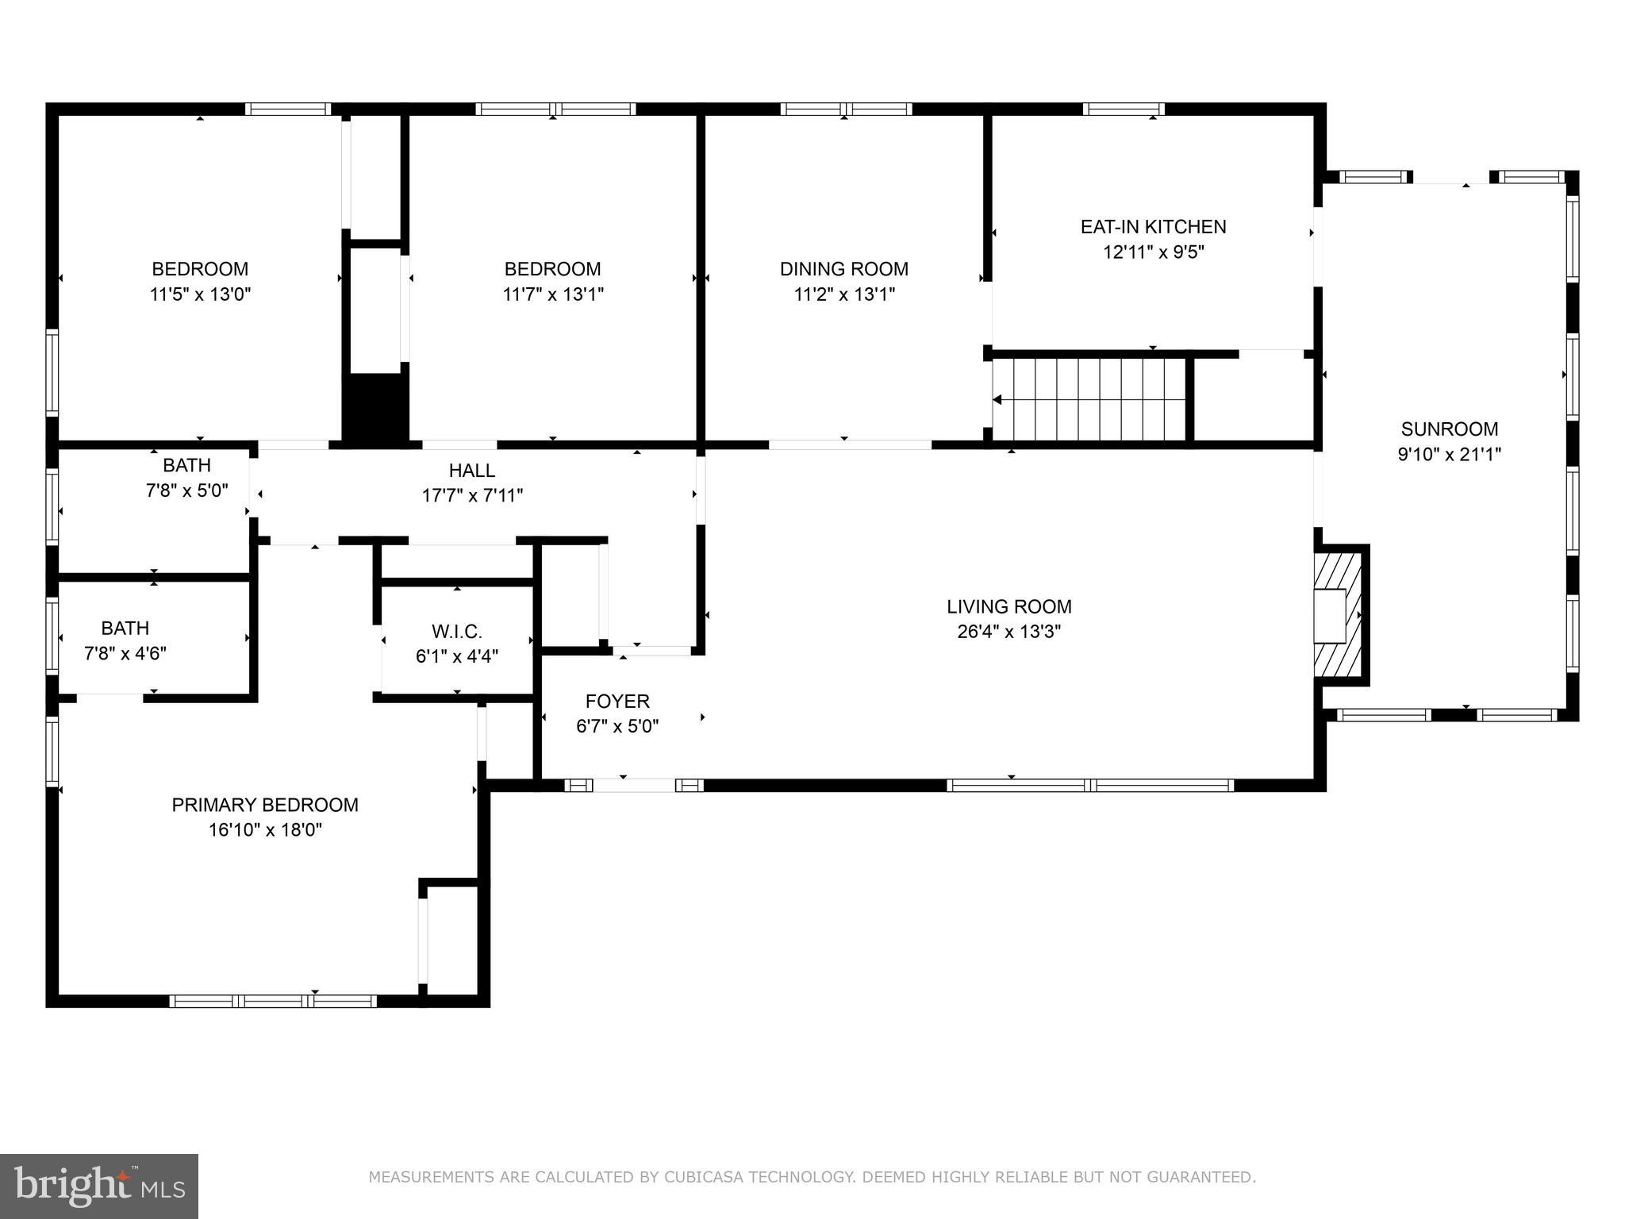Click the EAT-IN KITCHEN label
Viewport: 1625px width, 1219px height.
pyautogui.click(x=1153, y=227)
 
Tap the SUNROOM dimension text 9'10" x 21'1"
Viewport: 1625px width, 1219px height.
pyautogui.click(x=1449, y=455)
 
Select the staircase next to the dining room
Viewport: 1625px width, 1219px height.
pyautogui.click(x=1089, y=399)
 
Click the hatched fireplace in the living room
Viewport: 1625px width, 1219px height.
pyautogui.click(x=1339, y=615)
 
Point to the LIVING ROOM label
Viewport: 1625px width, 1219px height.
pyautogui.click(x=1008, y=607)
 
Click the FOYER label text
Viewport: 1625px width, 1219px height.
pyautogui.click(x=617, y=702)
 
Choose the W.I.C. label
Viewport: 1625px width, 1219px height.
pyautogui.click(x=456, y=632)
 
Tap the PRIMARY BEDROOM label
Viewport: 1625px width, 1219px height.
pyautogui.click(x=265, y=806)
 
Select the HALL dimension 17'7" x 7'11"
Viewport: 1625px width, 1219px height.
pyautogui.click(x=472, y=496)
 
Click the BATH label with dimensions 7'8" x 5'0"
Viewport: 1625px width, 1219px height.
pyautogui.click(x=186, y=465)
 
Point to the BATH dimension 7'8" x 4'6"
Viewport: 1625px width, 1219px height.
pyautogui.click(x=125, y=654)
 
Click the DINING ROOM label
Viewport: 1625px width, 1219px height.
pyautogui.click(x=843, y=269)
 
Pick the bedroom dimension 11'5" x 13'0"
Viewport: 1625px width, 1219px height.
pyautogui.click(x=200, y=294)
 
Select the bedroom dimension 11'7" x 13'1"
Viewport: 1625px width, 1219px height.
pyautogui.click(x=553, y=294)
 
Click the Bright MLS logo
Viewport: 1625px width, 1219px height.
pyautogui.click(x=98, y=1186)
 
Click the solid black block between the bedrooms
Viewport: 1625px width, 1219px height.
pyautogui.click(x=375, y=406)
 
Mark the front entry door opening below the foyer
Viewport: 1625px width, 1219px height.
pyautogui.click(x=634, y=786)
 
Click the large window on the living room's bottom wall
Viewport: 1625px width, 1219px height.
pyautogui.click(x=1090, y=786)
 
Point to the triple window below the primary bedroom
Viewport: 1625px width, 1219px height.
pyautogui.click(x=275, y=1002)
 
